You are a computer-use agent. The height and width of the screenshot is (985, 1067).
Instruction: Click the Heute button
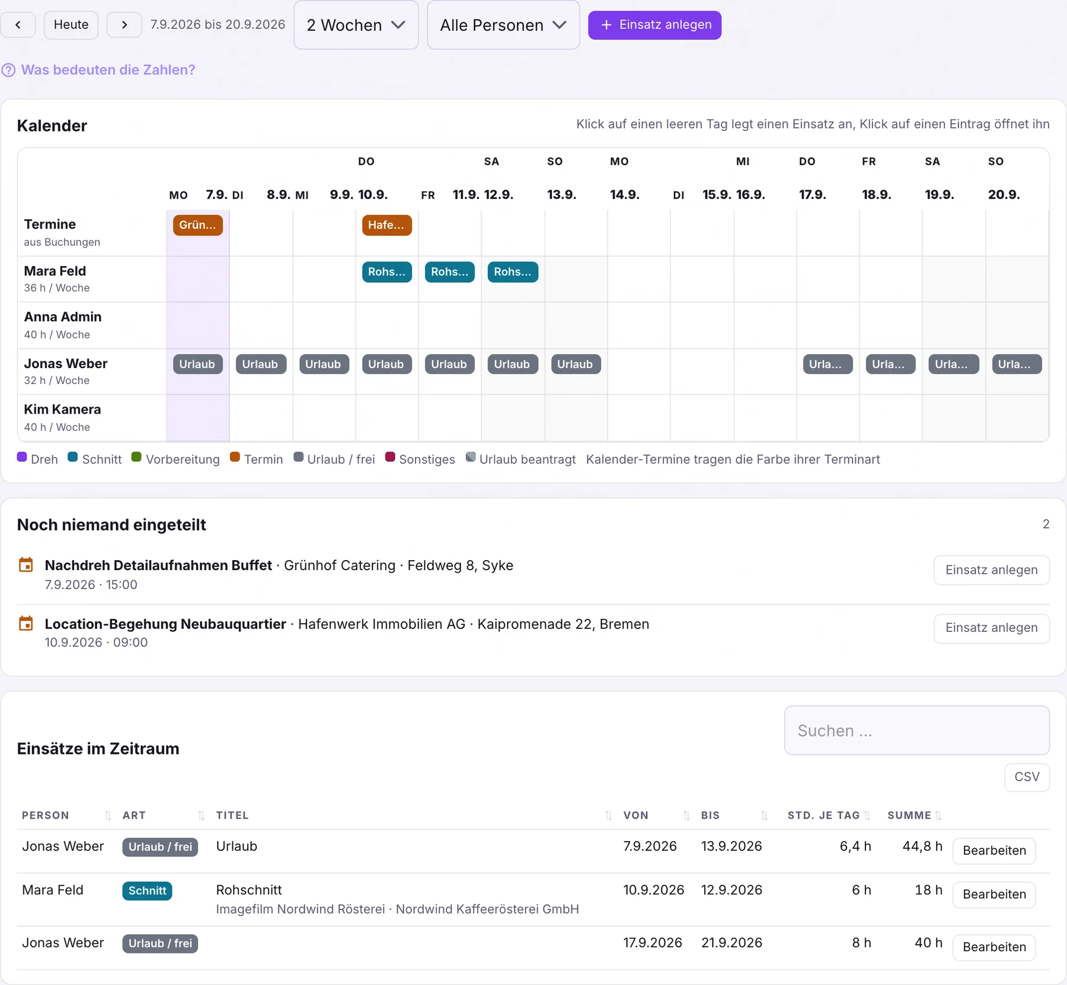pos(71,25)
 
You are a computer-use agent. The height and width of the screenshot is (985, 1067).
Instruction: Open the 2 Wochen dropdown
pos(356,25)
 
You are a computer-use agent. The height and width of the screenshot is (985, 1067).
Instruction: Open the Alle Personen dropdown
pos(503,25)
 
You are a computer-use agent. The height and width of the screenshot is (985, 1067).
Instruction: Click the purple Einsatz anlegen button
pos(654,25)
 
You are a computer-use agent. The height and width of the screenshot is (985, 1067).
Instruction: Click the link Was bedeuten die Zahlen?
pos(108,70)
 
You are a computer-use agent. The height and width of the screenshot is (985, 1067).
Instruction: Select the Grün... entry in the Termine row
pos(198,225)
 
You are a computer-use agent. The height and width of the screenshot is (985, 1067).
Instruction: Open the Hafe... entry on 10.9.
pos(386,225)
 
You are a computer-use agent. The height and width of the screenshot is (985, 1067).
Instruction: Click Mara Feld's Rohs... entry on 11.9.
pos(449,272)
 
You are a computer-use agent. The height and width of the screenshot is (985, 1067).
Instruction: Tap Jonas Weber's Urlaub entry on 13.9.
pos(576,364)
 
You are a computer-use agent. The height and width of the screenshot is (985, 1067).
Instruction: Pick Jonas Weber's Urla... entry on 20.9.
pos(1017,364)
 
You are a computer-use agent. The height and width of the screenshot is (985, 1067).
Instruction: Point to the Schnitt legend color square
pos(73,457)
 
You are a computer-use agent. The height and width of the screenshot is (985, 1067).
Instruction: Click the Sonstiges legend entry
pos(420,459)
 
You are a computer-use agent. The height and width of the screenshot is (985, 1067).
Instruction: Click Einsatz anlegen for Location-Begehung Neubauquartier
pos(991,628)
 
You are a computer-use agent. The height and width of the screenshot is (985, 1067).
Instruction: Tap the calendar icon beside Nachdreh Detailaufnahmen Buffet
pos(26,565)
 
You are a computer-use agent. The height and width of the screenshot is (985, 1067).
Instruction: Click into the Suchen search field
pos(916,730)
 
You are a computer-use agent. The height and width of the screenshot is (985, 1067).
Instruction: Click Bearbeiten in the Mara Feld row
pos(994,894)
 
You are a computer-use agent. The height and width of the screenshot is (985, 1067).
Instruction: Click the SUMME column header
pos(909,815)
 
